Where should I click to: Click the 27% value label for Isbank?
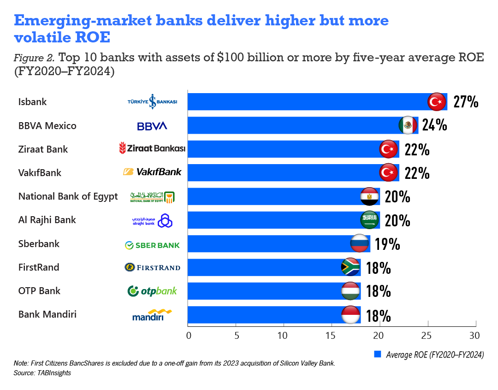(466, 101)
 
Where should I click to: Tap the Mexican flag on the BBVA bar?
(407, 125)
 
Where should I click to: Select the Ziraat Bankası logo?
(152, 148)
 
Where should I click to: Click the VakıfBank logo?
(152, 172)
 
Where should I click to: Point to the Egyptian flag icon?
(369, 196)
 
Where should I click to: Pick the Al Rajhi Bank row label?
(47, 220)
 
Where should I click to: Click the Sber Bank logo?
(152, 245)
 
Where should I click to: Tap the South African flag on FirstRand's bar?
(350, 267)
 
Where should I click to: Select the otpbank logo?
(152, 291)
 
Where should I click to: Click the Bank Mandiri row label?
(47, 314)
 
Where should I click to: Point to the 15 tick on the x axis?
(331, 335)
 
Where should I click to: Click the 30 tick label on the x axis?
(474, 335)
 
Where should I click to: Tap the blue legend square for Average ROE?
(377, 354)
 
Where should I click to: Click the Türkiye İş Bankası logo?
(152, 101)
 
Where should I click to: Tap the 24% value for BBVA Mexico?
(434, 125)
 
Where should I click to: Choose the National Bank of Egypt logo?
(152, 197)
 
